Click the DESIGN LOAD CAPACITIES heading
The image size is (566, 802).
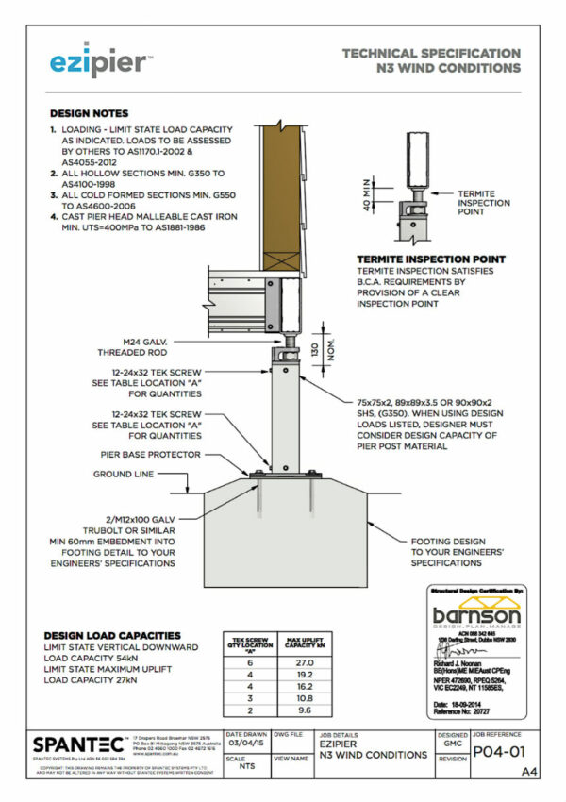point(112,636)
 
